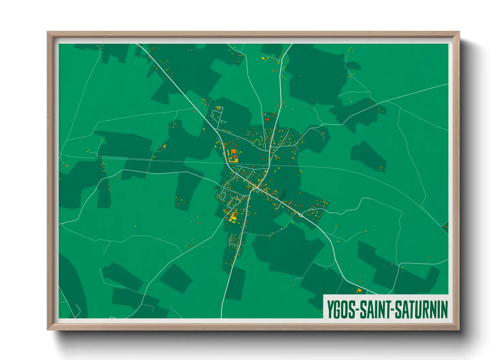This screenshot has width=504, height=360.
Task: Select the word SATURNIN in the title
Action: [x=421, y=309]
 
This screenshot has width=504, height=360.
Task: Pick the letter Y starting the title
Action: [x=330, y=309]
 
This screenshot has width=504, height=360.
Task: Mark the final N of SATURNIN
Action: [x=444, y=309]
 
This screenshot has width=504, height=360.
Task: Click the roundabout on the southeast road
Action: [x=301, y=215]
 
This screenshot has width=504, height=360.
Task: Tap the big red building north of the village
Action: [x=267, y=119]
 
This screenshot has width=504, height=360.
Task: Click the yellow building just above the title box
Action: [x=359, y=291]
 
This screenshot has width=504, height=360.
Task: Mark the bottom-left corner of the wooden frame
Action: [x=48, y=329]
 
